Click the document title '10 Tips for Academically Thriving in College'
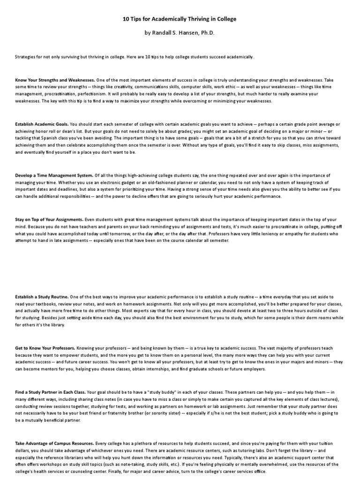coord(180,19)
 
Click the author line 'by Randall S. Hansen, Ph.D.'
coord(180,34)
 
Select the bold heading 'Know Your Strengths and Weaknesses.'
coord(55,80)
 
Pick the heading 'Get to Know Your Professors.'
coord(45,348)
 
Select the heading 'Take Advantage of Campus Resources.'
coord(54,443)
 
